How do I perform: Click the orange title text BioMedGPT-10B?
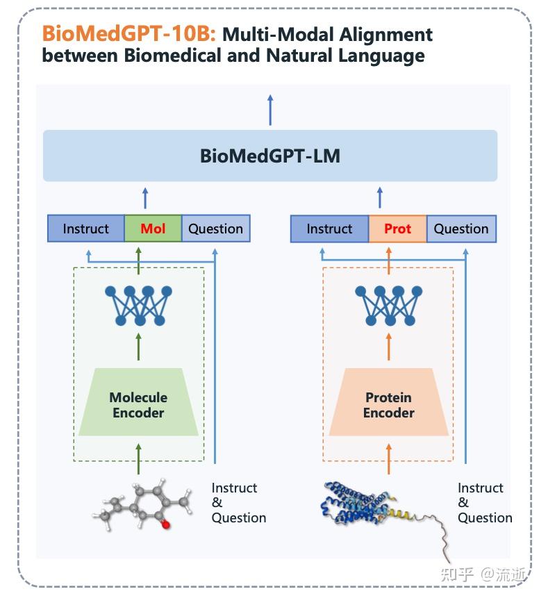(x=129, y=33)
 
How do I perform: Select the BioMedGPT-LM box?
(x=270, y=156)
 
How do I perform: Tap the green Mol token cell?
(x=153, y=229)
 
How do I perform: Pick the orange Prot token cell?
(x=397, y=229)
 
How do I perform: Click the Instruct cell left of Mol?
(x=86, y=229)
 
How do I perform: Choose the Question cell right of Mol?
(x=215, y=229)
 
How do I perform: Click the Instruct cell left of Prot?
(x=329, y=229)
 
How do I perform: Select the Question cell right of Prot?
(x=461, y=229)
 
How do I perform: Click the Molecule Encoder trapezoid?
(x=138, y=404)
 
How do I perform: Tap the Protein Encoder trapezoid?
(x=388, y=404)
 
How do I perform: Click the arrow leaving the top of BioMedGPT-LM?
(x=270, y=110)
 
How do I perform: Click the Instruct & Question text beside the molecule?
(x=238, y=503)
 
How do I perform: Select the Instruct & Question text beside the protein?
(x=484, y=503)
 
